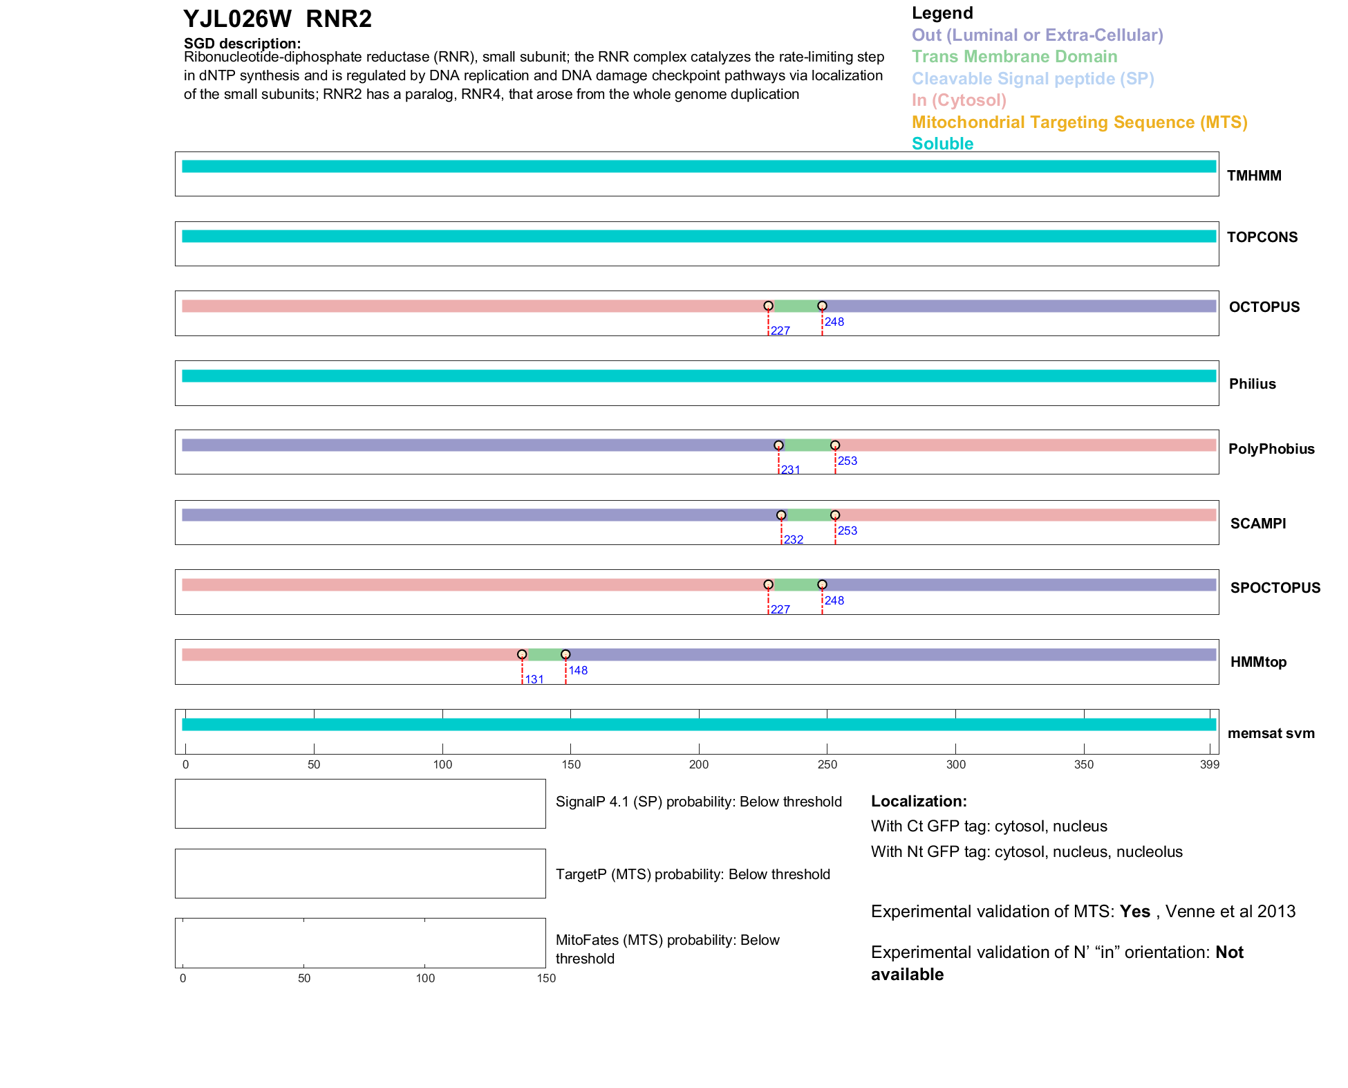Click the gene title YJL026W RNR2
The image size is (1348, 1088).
[277, 19]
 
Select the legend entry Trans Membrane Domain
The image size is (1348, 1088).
[1014, 57]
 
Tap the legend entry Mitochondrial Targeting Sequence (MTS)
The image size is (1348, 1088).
[1079, 122]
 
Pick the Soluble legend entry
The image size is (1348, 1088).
[942, 144]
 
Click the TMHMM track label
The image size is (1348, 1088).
[1253, 176]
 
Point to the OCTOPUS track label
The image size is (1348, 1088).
[1264, 307]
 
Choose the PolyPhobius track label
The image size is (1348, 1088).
[1271, 449]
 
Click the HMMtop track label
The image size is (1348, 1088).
[1258, 662]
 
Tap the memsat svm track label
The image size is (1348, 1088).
[1271, 733]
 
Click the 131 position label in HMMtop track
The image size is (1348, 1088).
[534, 679]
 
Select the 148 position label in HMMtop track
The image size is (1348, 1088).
[578, 670]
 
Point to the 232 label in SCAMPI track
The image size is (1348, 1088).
[794, 540]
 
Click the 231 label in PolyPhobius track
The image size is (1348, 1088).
[791, 470]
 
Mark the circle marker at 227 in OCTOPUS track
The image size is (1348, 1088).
[768, 306]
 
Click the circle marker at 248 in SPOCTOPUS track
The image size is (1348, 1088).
[822, 584]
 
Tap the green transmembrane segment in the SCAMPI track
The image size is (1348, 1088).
[808, 515]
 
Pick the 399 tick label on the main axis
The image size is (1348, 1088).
[1210, 764]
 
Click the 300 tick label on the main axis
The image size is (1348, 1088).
[955, 764]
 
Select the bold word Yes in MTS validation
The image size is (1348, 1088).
[1134, 912]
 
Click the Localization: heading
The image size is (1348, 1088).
[919, 801]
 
